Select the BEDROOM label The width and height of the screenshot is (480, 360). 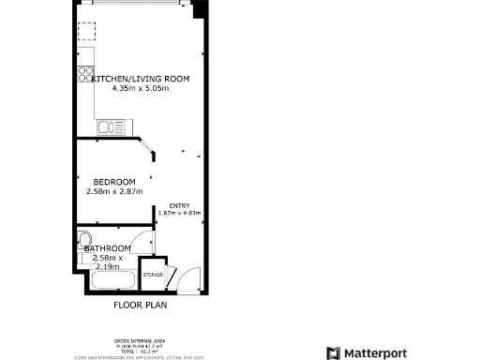click(x=113, y=182)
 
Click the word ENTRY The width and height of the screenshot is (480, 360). click(x=179, y=205)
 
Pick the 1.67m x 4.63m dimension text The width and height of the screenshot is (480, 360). click(x=179, y=213)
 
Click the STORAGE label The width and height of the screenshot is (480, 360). click(x=153, y=275)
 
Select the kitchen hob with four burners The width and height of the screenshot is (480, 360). click(x=86, y=72)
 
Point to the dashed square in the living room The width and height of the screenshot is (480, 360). click(x=86, y=34)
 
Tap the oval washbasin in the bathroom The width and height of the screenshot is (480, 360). click(x=83, y=237)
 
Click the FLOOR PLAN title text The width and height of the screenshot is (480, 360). click(x=140, y=306)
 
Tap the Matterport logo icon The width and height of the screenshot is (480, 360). click(x=332, y=352)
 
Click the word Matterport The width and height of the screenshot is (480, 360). click(x=379, y=352)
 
